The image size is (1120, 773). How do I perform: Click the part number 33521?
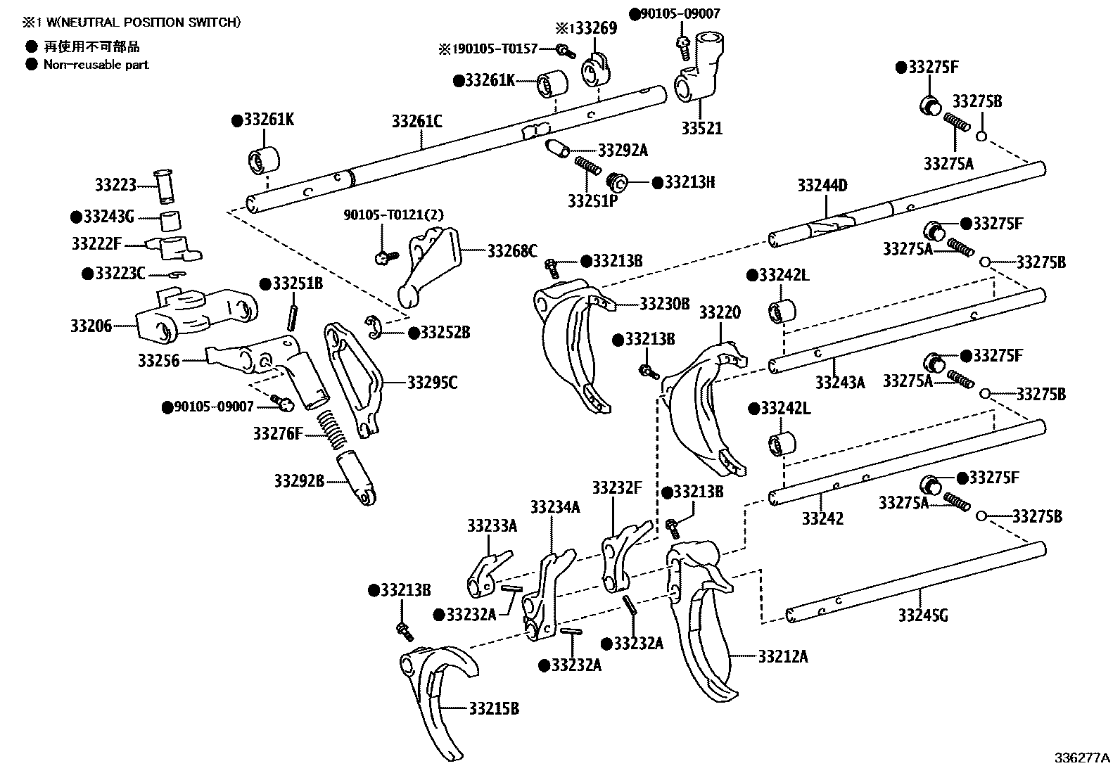pos(701,129)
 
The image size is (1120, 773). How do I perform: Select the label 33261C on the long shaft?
pos(416,122)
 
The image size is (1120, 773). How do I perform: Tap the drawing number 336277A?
pos(1081,758)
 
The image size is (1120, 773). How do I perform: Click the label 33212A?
pos(783,656)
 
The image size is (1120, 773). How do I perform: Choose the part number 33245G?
pos(922,615)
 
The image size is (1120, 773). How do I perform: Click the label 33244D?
pos(822,186)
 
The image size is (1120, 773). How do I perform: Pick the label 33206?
pos(91,326)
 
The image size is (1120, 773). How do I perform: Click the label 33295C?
pos(432,383)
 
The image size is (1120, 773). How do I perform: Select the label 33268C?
pos(512,250)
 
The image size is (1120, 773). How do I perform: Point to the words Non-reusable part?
pos(96,65)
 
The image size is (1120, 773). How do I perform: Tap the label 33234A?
pos(555,506)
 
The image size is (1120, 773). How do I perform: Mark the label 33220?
pos(720,312)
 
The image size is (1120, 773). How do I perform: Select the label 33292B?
pos(299,481)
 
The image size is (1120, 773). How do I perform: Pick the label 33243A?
pos(839,382)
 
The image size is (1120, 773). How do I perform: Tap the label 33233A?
pos(492,525)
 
